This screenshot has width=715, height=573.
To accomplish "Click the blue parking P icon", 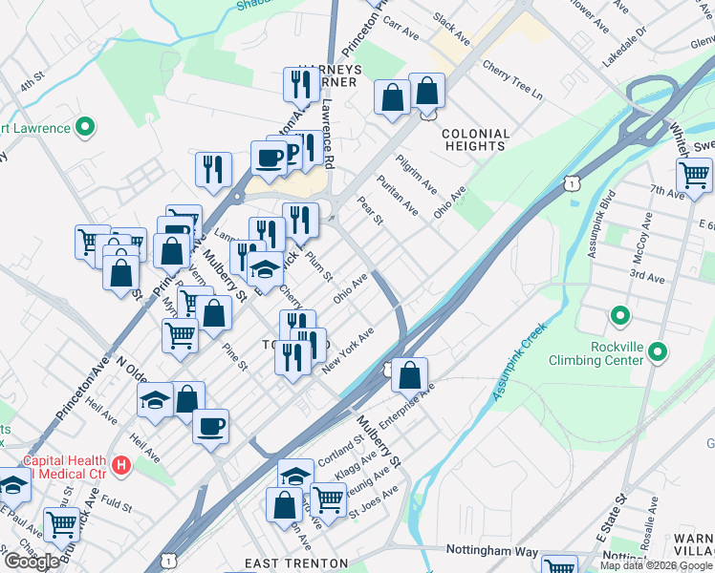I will [294, 151].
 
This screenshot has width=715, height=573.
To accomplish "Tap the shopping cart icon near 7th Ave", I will [694, 175].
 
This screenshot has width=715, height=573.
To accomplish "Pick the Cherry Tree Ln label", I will [512, 81].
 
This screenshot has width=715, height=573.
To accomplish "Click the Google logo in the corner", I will [32, 562].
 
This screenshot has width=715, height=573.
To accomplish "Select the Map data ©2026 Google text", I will [657, 565].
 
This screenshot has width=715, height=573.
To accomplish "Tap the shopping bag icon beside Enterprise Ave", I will [409, 374].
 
